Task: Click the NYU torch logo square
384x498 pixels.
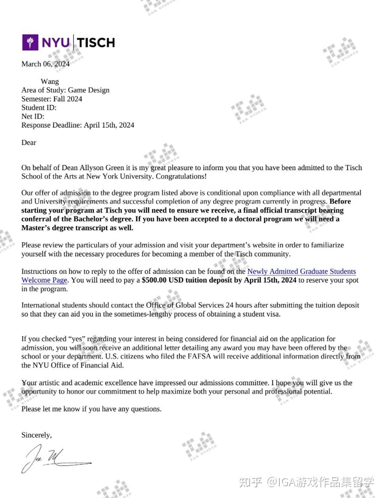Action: click(30, 42)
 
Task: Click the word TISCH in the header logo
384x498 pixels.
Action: click(96, 42)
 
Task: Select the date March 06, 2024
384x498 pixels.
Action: click(45, 64)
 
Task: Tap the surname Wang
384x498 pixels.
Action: click(50, 81)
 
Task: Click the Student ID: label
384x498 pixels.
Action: click(39, 107)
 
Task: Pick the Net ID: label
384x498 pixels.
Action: click(33, 116)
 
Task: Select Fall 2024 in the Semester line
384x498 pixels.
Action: click(68, 99)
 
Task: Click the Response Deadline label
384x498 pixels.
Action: click(51, 125)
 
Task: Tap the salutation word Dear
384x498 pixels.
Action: click(29, 142)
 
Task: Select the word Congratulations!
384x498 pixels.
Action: click(181, 176)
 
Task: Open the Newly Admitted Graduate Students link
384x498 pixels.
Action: click(301, 272)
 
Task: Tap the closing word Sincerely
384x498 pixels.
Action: click(36, 435)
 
